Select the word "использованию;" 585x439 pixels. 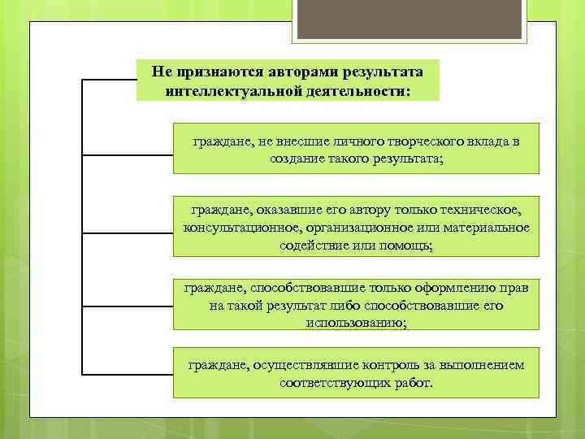[x=356, y=322]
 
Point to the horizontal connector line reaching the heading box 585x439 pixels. [x=109, y=80]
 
